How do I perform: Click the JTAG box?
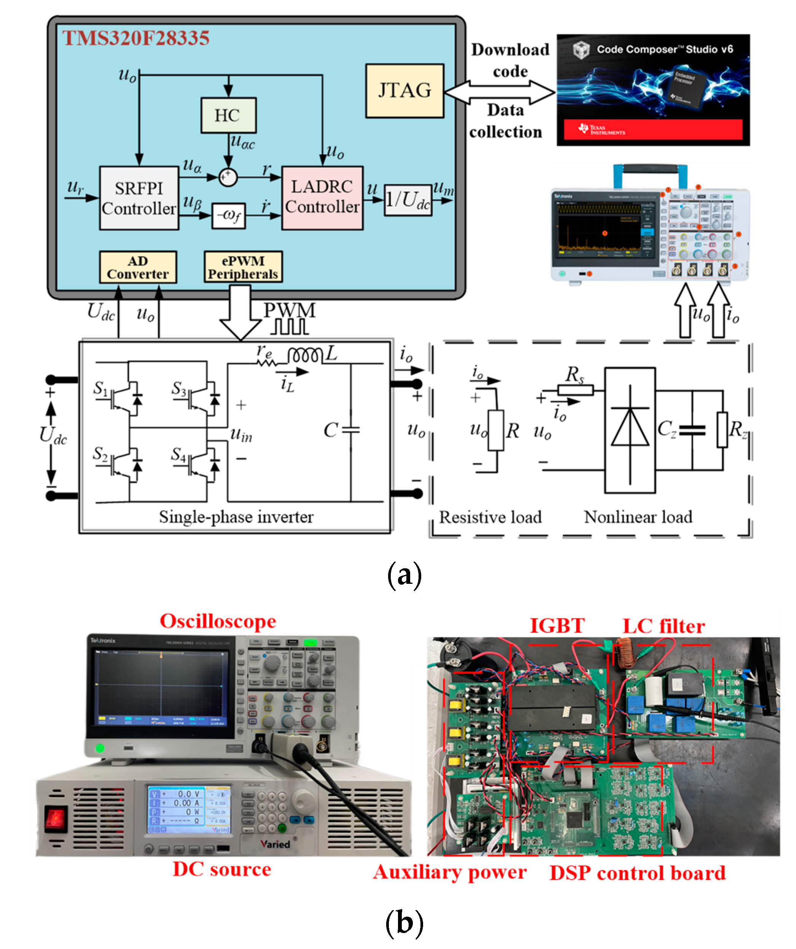[404, 91]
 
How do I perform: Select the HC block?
[228, 115]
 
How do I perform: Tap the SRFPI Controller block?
[139, 198]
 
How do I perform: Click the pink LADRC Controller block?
[322, 198]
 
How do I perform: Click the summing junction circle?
[228, 177]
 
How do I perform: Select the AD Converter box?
[138, 267]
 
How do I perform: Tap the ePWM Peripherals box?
[243, 267]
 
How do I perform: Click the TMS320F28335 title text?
[135, 38]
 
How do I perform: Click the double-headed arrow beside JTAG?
[500, 92]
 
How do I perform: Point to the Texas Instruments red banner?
[653, 130]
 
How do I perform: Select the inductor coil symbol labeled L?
[305, 355]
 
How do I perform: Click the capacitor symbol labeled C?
[351, 430]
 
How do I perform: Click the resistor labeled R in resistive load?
[496, 430]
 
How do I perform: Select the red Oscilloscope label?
[218, 622]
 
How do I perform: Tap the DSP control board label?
[637, 873]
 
